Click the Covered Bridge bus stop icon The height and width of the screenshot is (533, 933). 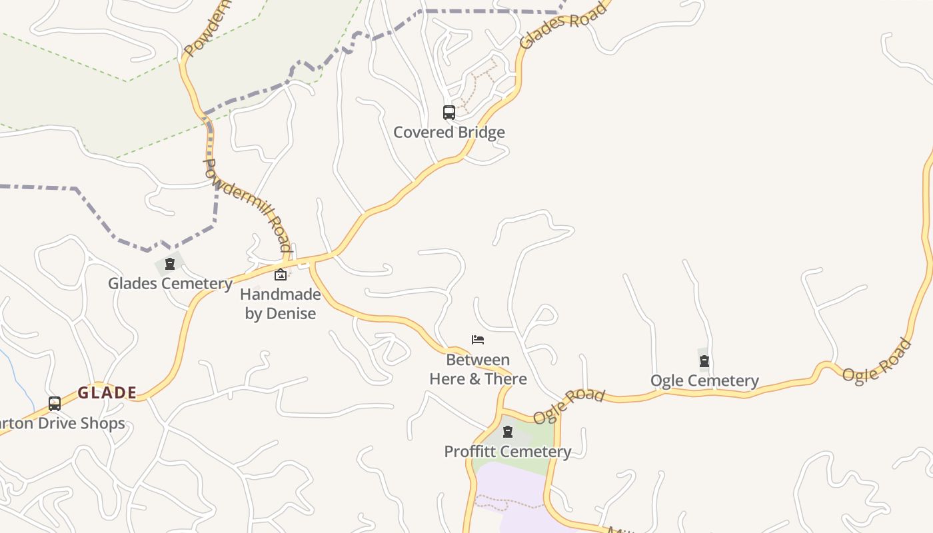click(x=449, y=113)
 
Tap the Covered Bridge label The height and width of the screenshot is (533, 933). click(x=449, y=132)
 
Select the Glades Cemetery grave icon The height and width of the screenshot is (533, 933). click(x=170, y=264)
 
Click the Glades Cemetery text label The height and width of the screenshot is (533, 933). click(x=170, y=283)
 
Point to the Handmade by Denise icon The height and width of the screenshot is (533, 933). click(x=281, y=274)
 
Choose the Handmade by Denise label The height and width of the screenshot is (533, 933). click(x=281, y=303)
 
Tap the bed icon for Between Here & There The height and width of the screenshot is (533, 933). click(x=478, y=340)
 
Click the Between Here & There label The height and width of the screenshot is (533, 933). click(x=478, y=369)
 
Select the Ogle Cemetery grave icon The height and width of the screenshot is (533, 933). click(x=704, y=361)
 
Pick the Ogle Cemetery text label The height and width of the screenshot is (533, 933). click(x=704, y=380)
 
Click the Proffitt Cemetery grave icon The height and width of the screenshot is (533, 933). click(x=508, y=432)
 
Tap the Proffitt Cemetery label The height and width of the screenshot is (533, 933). click(x=508, y=451)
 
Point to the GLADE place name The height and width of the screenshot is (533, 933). click(x=107, y=392)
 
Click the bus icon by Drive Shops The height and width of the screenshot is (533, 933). click(x=55, y=404)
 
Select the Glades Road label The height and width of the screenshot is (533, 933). click(x=563, y=25)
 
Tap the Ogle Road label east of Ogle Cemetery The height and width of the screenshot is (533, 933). click(x=877, y=360)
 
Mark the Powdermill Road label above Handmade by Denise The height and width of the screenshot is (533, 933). click(x=247, y=205)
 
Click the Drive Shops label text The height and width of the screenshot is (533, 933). click(x=63, y=423)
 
